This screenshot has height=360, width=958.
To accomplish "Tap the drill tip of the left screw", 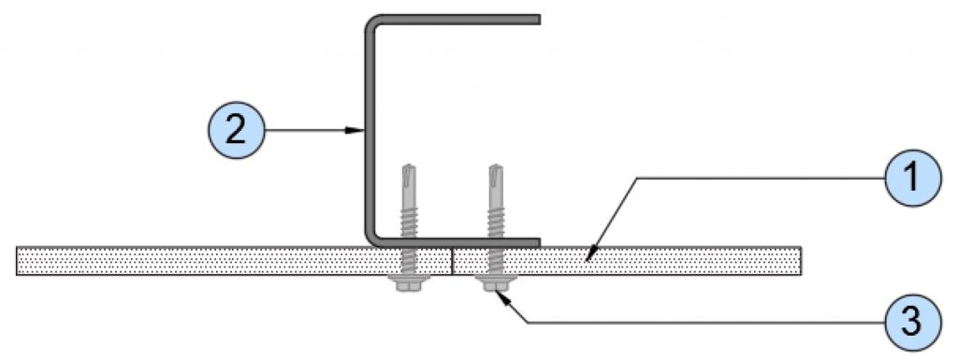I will tap(409, 174).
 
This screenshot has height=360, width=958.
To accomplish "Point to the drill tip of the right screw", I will tap(495, 174).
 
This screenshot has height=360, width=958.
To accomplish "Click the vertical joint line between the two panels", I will tap(453, 261).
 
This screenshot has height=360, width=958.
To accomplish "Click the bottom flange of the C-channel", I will tap(468, 242).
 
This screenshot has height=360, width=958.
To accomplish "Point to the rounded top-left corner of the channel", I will tap(373, 22).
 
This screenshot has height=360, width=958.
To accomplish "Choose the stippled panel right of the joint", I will tap(674, 261).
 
